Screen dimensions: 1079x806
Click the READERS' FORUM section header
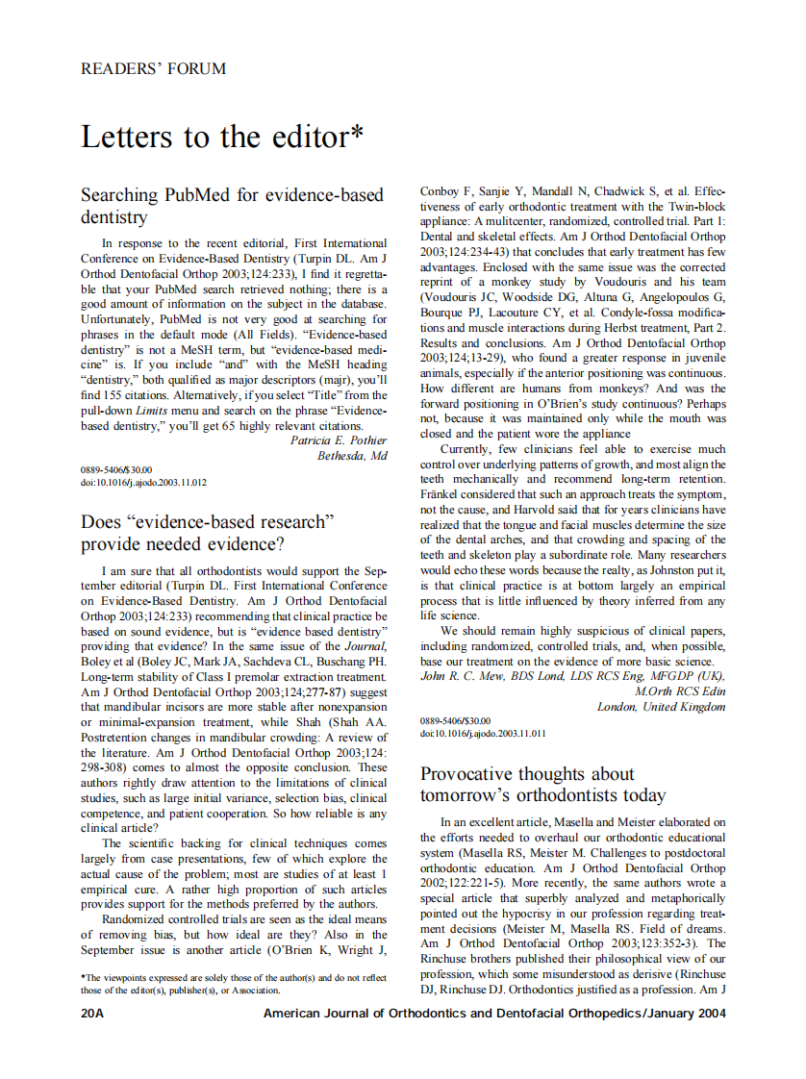point(154,69)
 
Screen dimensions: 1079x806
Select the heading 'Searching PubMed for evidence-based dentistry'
point(232,206)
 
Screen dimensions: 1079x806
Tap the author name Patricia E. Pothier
point(339,439)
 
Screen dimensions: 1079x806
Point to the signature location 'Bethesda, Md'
point(352,455)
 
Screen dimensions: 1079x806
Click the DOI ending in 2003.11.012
point(143,482)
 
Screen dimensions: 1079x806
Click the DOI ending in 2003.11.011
point(483,733)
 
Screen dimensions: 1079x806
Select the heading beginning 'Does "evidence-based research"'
point(207,533)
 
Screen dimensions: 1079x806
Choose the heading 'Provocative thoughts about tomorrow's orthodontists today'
point(542,785)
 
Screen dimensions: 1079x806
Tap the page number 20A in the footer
point(93,1014)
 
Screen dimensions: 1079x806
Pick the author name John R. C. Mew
point(466,676)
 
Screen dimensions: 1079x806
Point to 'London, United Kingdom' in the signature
point(661,707)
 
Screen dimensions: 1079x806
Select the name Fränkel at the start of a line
point(442,493)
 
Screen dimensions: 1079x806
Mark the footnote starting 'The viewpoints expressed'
point(233,984)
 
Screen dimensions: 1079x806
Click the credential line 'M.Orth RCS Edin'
point(680,691)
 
